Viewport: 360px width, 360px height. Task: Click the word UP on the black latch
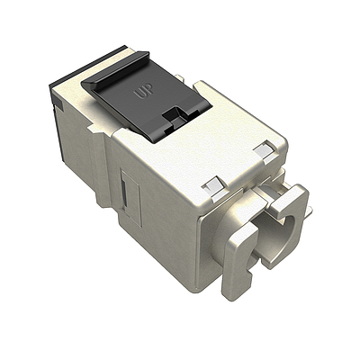pyautogui.click(x=142, y=92)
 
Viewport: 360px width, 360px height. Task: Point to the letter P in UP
pyautogui.click(x=147, y=93)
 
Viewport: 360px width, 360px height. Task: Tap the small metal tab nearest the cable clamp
pyautogui.click(x=262, y=150)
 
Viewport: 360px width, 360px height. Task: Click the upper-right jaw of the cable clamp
pyautogui.click(x=295, y=203)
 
